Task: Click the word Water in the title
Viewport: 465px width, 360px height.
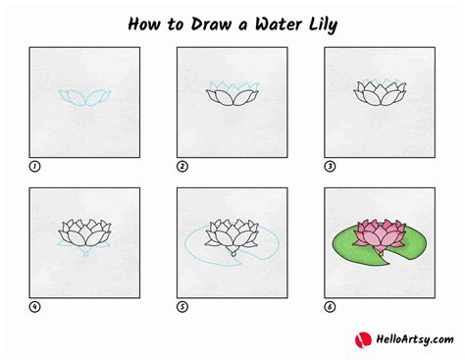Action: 279,25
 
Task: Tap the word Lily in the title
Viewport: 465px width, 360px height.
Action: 323,26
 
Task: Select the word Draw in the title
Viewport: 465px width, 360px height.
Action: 211,25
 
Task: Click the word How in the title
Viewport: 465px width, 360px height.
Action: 144,25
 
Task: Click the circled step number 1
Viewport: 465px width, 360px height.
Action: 34,167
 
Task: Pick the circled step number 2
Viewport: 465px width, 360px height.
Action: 182,167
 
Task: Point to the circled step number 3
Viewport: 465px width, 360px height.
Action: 330,167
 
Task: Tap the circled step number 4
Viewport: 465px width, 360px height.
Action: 34,307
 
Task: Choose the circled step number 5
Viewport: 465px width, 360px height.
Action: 182,307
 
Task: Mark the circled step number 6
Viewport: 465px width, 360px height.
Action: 330,307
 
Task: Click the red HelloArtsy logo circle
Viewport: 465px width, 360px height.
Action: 363,340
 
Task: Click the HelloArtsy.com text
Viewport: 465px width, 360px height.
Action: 415,339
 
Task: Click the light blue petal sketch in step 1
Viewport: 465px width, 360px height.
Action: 84,97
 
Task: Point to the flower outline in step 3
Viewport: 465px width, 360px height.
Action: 380,93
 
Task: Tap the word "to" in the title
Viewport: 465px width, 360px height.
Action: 176,25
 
